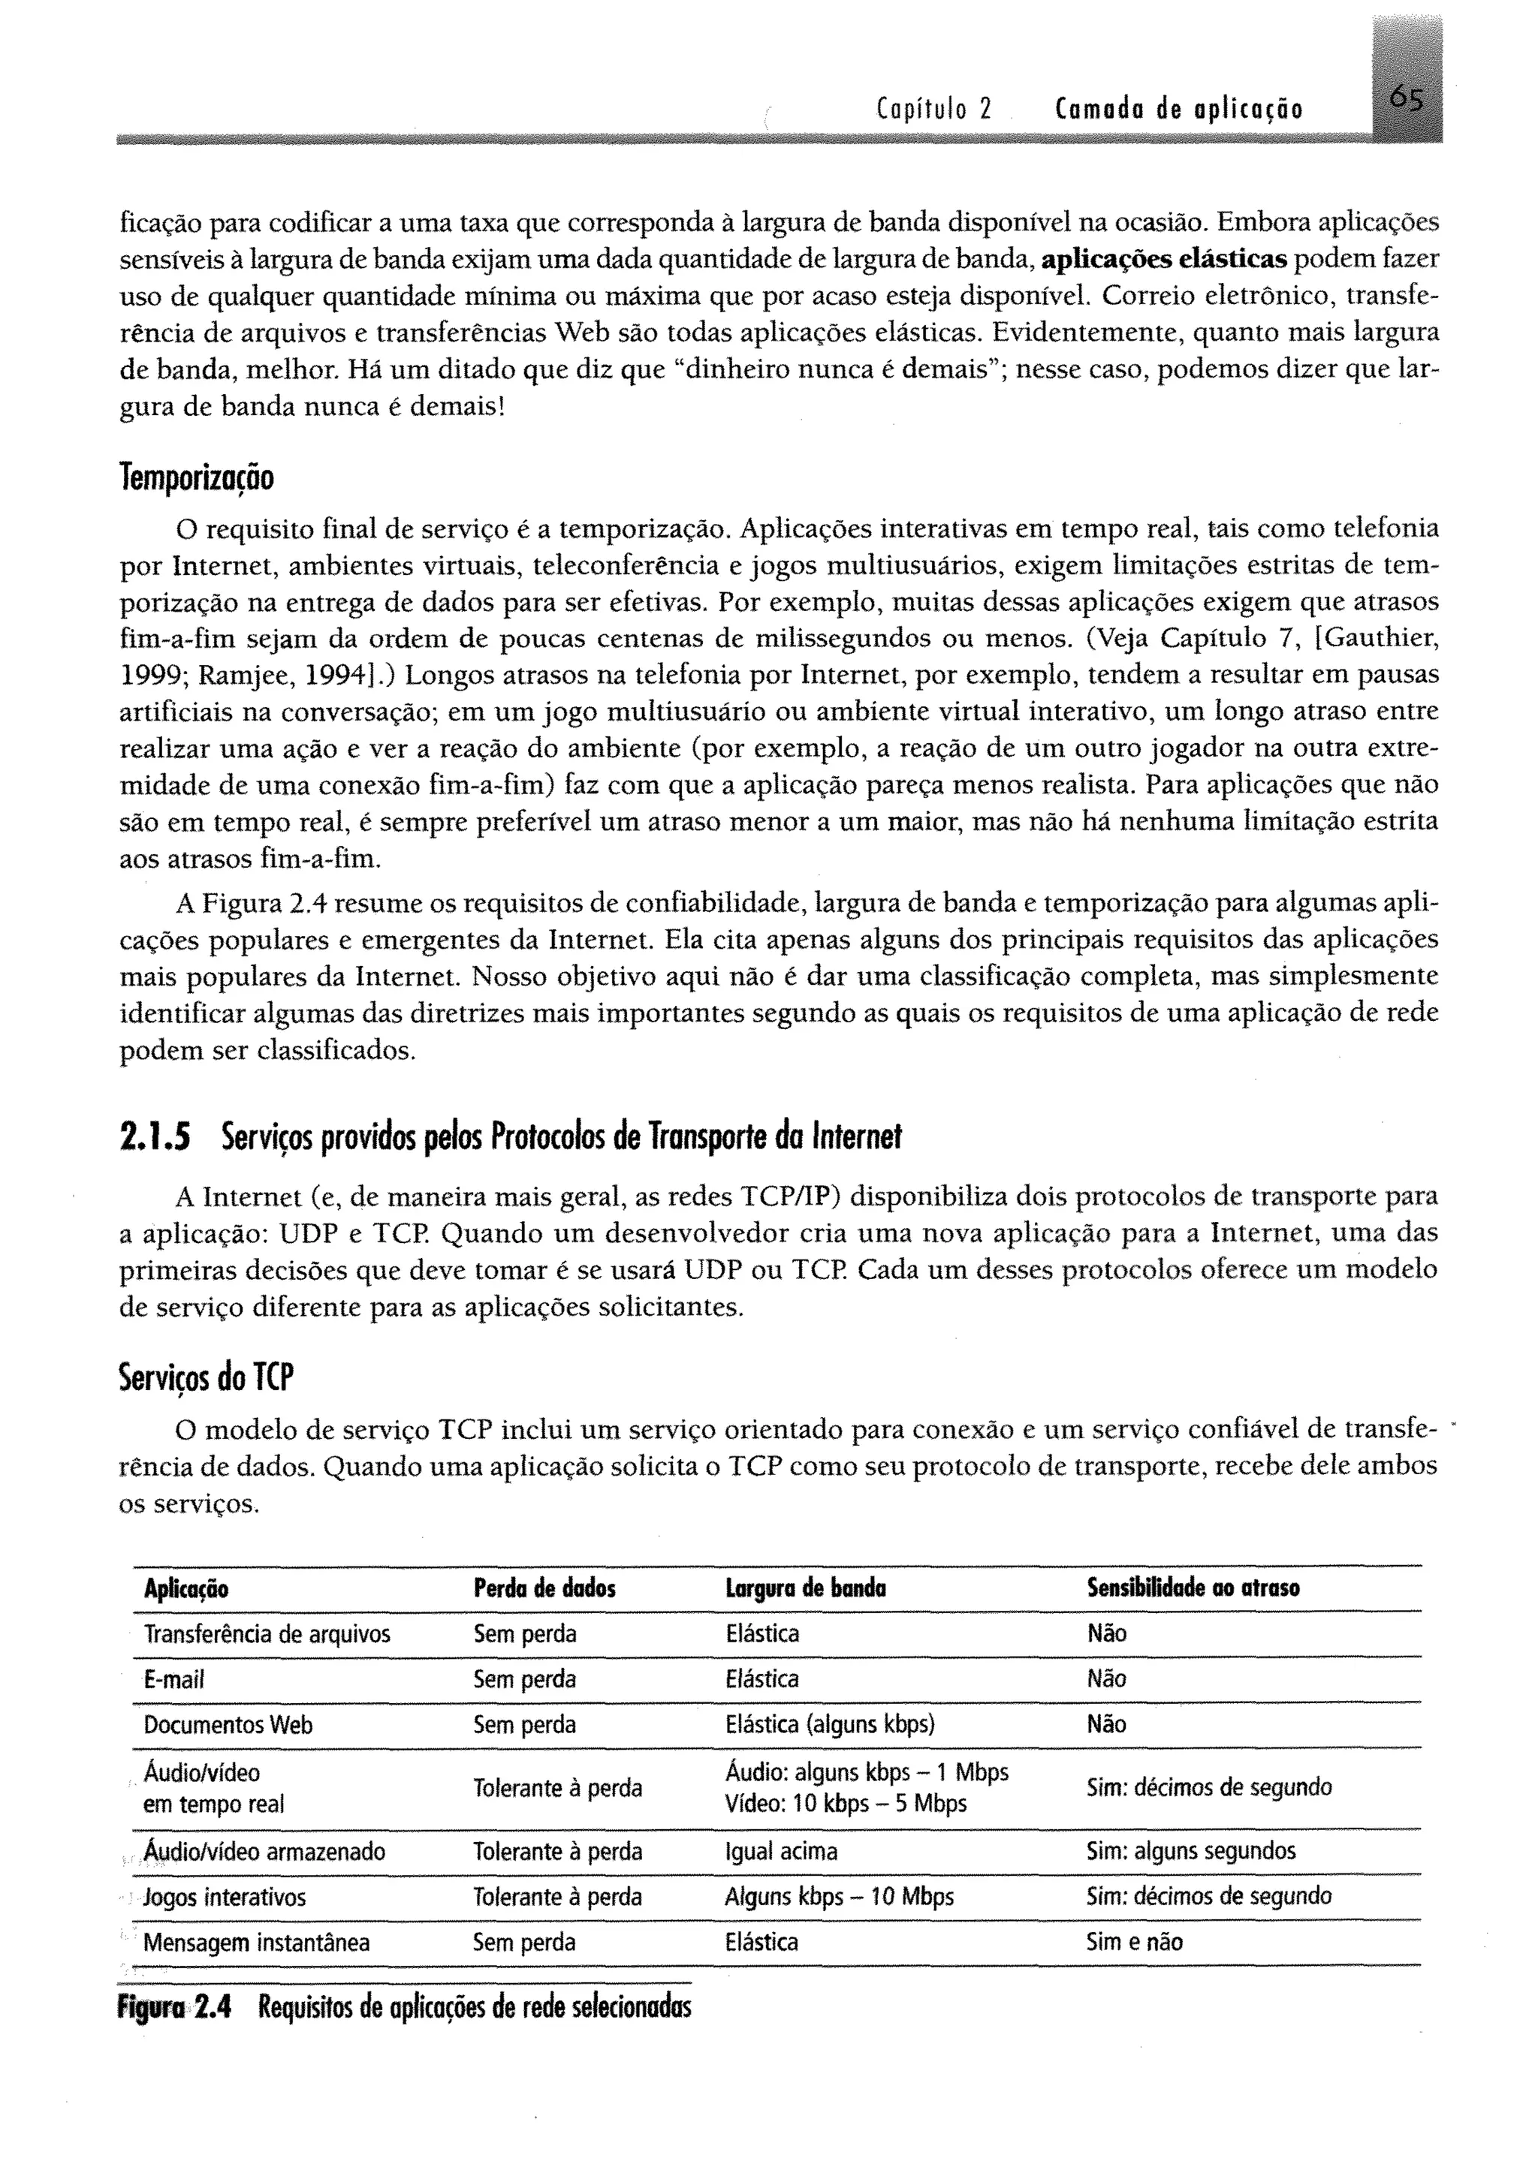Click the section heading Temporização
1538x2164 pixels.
[197, 478]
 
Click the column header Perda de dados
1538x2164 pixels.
[544, 1588]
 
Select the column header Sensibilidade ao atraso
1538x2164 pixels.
[1193, 1588]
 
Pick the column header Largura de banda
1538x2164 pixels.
[804, 1588]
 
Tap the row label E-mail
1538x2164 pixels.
[173, 1679]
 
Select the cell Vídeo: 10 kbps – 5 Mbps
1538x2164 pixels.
[845, 1803]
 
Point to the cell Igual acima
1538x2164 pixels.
[780, 1851]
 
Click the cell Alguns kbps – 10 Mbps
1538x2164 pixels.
[838, 1896]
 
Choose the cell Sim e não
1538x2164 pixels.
[1134, 1943]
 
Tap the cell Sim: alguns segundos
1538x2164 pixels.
[1190, 1851]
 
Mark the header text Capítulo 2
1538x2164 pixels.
[932, 110]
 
